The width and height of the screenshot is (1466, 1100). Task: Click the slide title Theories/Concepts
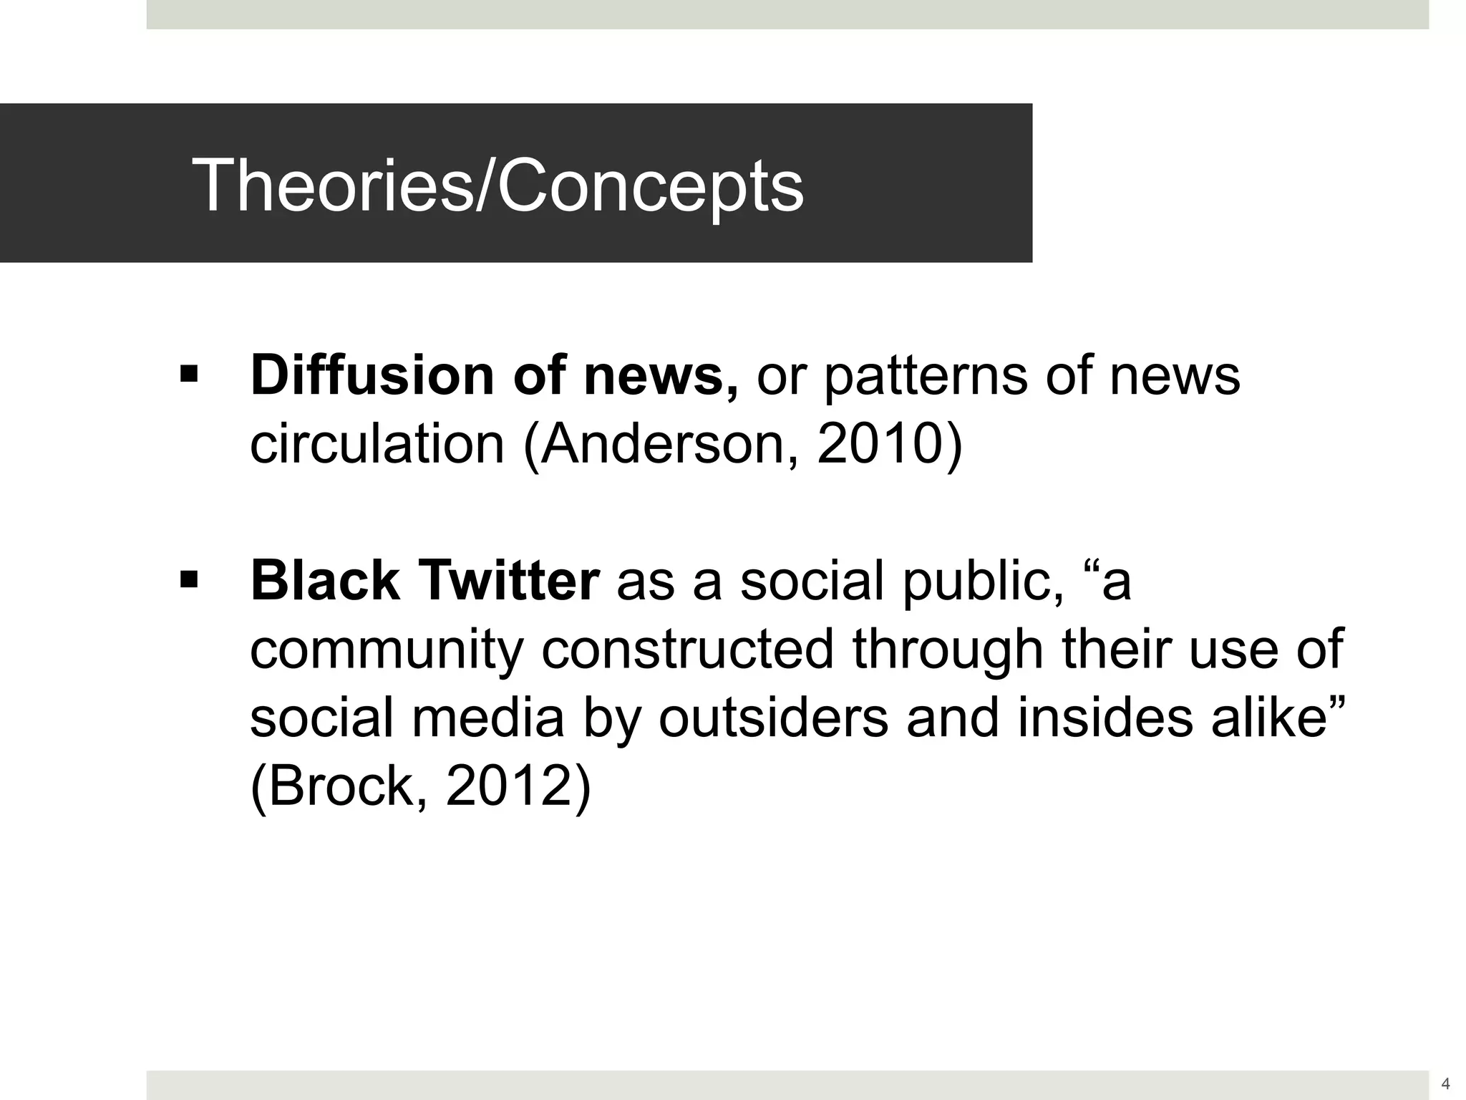497,185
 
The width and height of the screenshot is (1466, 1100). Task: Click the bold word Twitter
508,581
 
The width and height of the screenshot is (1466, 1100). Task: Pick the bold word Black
325,581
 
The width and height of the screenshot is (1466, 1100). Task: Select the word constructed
687,649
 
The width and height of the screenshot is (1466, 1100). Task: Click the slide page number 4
1445,1084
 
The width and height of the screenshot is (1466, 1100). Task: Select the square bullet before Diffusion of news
189,374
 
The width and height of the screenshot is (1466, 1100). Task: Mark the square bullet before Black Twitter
189,579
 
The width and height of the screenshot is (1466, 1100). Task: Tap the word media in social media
487,718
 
